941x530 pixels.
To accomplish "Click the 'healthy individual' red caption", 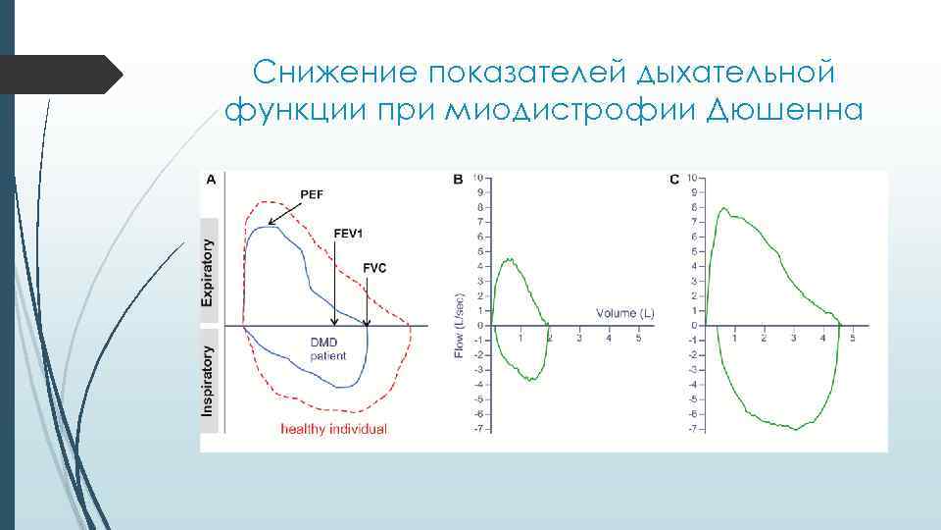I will click(x=333, y=429).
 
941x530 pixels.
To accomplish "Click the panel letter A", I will click(x=211, y=179).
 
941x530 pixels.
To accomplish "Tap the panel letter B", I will click(x=458, y=179).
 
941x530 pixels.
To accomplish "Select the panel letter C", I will click(x=673, y=179).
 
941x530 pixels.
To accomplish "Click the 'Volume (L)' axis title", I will click(x=625, y=313).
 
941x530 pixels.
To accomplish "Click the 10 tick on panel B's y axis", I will click(x=476, y=178).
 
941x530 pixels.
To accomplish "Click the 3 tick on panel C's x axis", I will click(x=792, y=338).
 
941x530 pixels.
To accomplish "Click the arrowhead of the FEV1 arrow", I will click(x=336, y=320).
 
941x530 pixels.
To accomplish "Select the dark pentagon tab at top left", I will click(x=61, y=74).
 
